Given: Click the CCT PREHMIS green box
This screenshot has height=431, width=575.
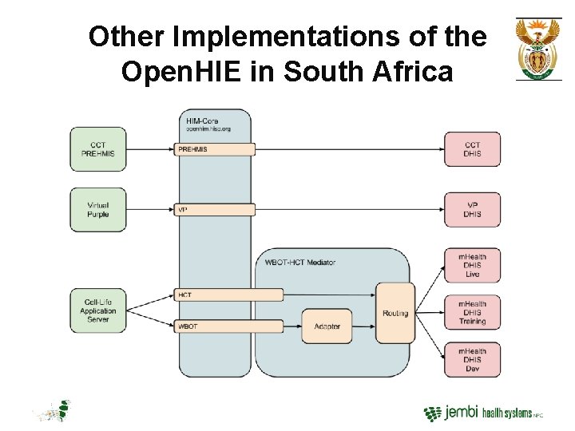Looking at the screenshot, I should point(98,149).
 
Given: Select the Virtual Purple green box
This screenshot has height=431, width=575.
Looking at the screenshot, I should point(98,210).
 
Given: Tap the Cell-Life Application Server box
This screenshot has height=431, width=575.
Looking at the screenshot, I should point(98,310).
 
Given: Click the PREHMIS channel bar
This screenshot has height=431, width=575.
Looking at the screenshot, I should point(214,149).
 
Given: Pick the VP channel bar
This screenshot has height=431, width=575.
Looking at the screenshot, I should point(214,210).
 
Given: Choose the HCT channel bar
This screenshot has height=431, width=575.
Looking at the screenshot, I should point(228,295).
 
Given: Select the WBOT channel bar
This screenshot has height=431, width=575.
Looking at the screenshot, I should point(228,326).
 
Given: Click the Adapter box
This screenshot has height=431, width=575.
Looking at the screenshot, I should point(326,326).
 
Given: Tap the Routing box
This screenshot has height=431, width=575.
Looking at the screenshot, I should point(395,313).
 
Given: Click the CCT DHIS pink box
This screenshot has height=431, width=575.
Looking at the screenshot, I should point(472,149).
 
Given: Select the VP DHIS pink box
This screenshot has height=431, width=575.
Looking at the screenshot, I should point(472,210).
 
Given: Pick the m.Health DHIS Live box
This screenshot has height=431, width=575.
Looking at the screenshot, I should point(472,265).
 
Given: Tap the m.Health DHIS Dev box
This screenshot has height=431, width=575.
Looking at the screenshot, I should point(472,360).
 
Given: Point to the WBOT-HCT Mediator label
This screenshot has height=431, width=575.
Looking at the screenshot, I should point(299,262).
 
